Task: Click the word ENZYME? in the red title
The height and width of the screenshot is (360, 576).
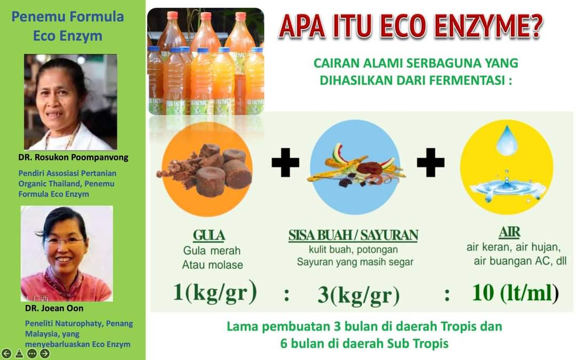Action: coord(488,27)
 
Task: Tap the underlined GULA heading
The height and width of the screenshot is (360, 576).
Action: coord(209,236)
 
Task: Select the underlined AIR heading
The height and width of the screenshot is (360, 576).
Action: coord(509,232)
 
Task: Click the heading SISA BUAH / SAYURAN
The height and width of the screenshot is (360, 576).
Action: coord(354,236)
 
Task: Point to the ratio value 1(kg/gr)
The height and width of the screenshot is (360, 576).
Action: coord(215,292)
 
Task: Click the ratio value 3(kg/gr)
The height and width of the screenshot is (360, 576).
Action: coord(358,295)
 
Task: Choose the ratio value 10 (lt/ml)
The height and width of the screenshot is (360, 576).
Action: coord(515,293)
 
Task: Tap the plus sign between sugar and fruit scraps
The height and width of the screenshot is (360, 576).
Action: coord(285,162)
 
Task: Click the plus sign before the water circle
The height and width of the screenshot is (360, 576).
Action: coord(430,162)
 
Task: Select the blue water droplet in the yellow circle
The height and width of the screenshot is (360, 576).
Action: coord(507,140)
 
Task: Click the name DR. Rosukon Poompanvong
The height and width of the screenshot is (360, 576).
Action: coord(74,157)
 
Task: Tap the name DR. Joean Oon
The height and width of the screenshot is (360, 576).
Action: coord(54,308)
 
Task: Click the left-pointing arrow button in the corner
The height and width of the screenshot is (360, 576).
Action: coord(6,354)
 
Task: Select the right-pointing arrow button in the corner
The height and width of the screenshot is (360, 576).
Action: coord(44,354)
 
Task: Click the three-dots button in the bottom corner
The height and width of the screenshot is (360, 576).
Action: coord(32,354)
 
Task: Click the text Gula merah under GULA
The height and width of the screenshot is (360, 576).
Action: coord(212,251)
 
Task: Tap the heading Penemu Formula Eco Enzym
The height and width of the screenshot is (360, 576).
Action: coord(68,26)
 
